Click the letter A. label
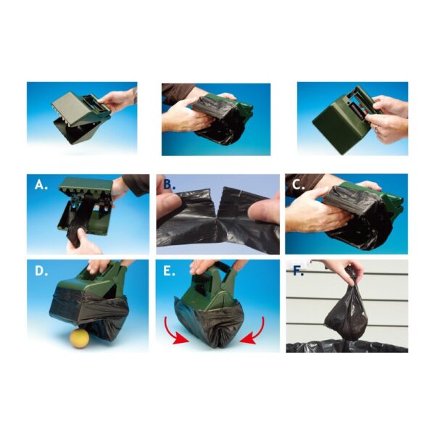[41, 185]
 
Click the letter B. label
[169, 184]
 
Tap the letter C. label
[299, 185]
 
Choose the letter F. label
[298, 271]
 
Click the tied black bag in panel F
[344, 313]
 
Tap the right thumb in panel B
[264, 207]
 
